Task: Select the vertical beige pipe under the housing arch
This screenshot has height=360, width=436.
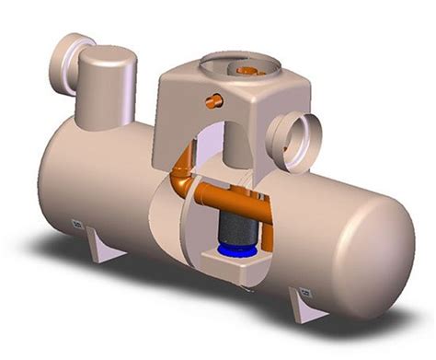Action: [220, 147]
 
